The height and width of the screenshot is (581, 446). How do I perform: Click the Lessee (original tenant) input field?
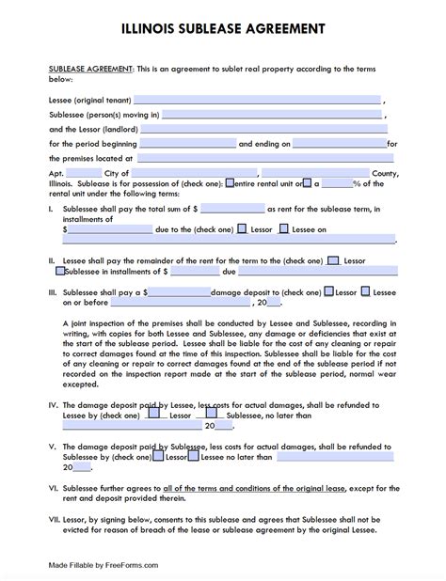click(257, 98)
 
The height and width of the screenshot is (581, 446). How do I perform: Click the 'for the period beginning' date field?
click(186, 144)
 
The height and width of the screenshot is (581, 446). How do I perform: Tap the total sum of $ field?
click(232, 208)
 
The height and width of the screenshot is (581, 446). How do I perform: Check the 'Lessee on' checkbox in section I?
click(287, 228)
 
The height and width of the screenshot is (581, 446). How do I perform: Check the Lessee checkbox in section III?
click(365, 293)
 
